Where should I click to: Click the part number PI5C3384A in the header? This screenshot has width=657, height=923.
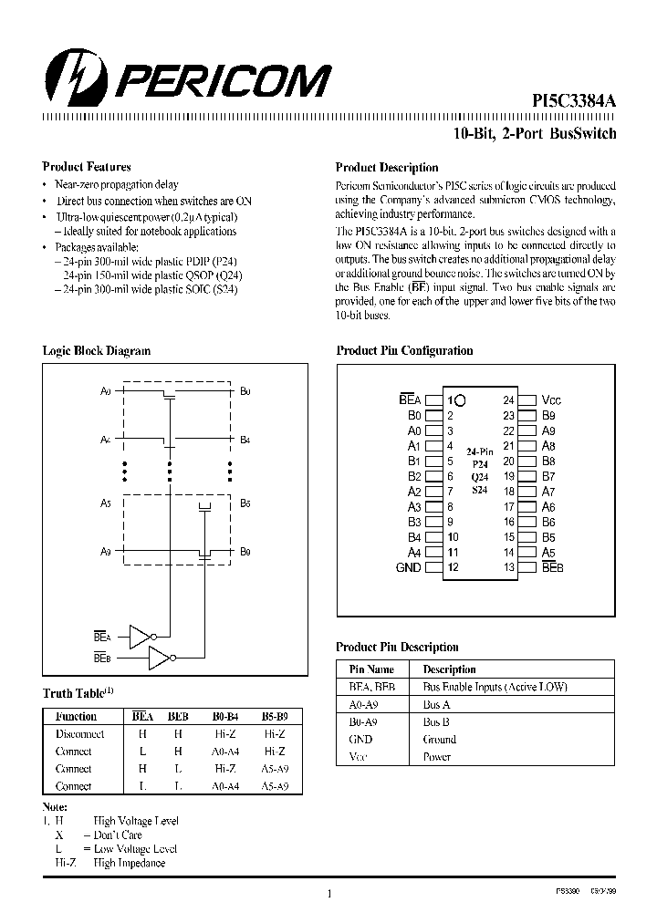click(x=573, y=103)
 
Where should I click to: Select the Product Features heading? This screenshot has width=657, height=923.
click(x=87, y=167)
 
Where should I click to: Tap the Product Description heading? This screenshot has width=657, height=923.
click(x=387, y=168)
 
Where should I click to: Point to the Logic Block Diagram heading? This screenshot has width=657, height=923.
click(x=97, y=351)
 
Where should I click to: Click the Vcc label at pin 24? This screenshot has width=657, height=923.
click(x=551, y=400)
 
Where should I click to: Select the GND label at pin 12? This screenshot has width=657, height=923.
click(x=408, y=567)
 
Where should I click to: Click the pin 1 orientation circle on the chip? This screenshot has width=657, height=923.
click(x=460, y=400)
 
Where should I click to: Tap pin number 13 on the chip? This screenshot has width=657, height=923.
click(x=508, y=567)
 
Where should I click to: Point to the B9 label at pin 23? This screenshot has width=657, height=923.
click(x=548, y=416)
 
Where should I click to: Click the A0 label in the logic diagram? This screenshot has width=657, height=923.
click(x=105, y=391)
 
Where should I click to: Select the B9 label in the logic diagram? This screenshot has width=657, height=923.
click(x=245, y=551)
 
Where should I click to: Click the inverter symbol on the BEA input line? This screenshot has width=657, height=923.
click(x=141, y=637)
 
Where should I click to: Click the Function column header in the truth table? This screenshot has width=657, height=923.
click(x=76, y=717)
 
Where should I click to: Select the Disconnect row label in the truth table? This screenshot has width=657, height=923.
click(x=79, y=734)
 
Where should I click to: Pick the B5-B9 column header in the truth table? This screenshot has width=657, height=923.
click(x=275, y=717)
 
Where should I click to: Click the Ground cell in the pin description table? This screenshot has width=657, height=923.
click(x=439, y=740)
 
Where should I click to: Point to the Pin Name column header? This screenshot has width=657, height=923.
click(x=371, y=669)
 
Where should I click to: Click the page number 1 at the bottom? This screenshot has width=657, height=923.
click(x=328, y=895)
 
